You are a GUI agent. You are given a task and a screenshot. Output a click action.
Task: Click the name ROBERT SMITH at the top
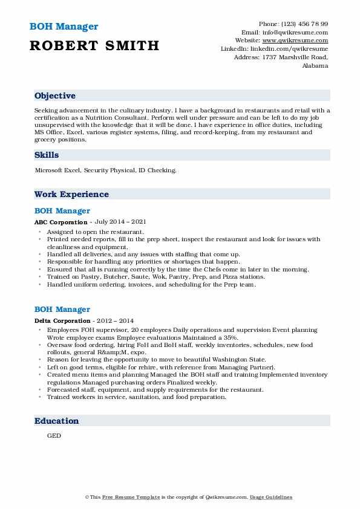click(x=94, y=45)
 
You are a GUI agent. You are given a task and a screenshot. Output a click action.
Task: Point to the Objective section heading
click(x=55, y=96)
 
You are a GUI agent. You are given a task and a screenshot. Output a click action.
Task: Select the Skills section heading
click(x=47, y=155)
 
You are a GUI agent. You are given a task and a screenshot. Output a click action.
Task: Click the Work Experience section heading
click(x=71, y=195)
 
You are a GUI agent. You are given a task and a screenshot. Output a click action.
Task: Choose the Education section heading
click(x=56, y=421)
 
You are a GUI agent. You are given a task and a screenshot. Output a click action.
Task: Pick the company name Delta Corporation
click(x=59, y=320)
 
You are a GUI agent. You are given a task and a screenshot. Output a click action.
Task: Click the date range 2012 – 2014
click(x=114, y=320)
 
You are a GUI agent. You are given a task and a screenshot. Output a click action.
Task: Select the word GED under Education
click(x=54, y=435)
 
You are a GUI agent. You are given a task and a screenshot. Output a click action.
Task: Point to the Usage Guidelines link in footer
click(x=272, y=497)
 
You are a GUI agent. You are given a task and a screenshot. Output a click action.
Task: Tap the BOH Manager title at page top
click(x=63, y=27)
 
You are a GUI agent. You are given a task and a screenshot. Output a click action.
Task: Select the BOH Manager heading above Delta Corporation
click(x=62, y=310)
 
